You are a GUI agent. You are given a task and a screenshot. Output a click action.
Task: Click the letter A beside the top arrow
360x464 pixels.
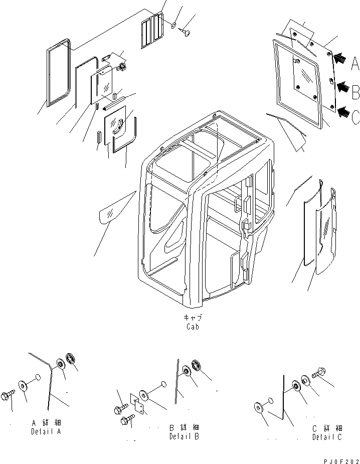point(354,64)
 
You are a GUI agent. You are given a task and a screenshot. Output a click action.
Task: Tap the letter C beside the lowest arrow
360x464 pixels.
point(354,117)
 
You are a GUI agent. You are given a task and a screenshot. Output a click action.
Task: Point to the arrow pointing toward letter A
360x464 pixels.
point(339,59)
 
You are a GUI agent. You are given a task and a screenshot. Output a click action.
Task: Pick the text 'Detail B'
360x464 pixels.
point(184,436)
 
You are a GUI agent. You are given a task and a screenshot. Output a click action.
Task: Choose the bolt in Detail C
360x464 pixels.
point(319,374)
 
